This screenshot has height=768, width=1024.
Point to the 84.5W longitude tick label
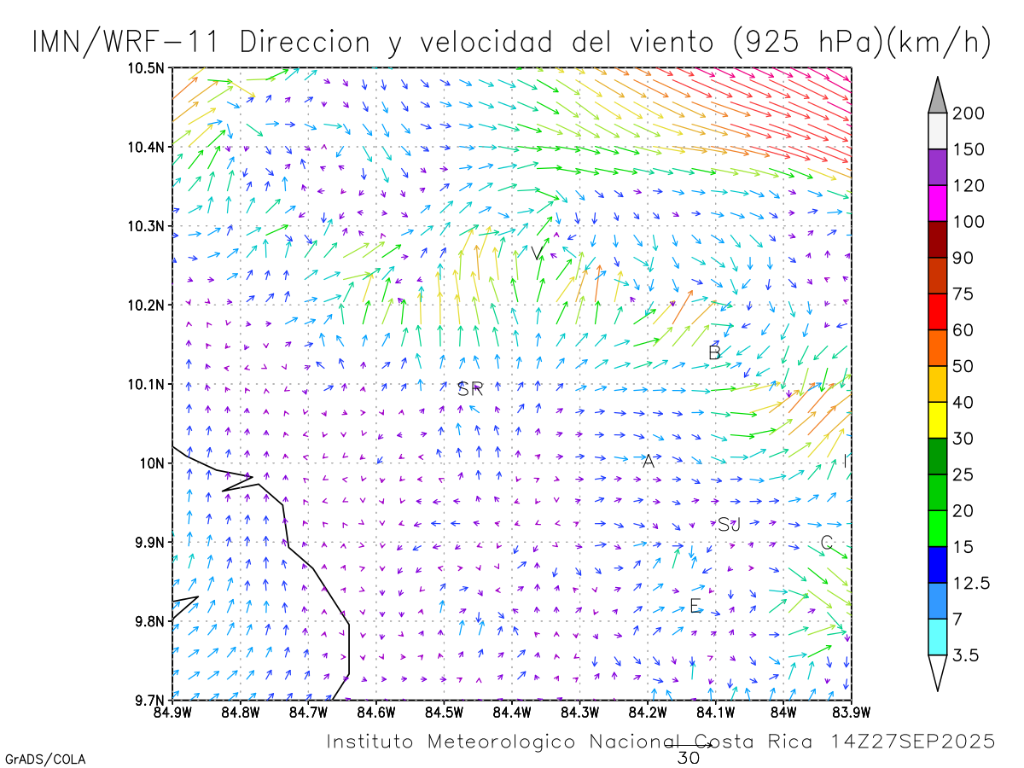point(444,711)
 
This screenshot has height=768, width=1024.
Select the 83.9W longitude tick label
point(850,711)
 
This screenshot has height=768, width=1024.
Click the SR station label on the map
point(470,390)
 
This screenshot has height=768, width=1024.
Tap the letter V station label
point(536,253)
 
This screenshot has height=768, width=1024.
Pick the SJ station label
point(729,525)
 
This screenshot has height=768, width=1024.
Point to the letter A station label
point(649,462)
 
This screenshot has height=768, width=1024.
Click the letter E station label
point(695,607)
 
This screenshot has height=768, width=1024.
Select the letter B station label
point(715,352)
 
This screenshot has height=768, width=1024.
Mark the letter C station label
point(826,543)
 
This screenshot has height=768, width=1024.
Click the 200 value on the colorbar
point(968,114)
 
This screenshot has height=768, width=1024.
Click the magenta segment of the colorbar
point(937,203)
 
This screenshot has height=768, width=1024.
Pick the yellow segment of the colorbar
point(937,420)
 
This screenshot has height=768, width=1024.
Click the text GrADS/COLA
point(45,759)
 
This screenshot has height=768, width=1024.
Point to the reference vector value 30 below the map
point(688,758)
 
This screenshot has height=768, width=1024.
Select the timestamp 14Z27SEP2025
point(912,742)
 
